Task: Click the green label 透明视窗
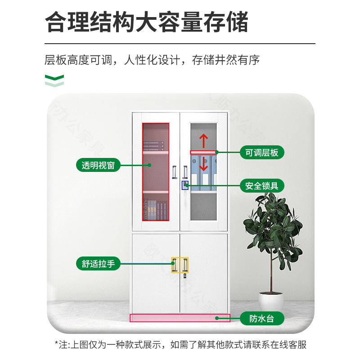pyautogui.click(x=98, y=165)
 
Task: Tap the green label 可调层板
pyautogui.click(x=261, y=152)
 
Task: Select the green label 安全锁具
pyautogui.click(x=261, y=185)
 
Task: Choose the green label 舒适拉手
pyautogui.click(x=98, y=264)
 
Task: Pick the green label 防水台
pyautogui.click(x=261, y=319)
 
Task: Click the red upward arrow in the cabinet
pyautogui.click(x=203, y=141)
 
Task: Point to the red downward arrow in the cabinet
pyautogui.click(x=203, y=163)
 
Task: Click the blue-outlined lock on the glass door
pyautogui.click(x=185, y=185)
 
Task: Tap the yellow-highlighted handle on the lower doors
pyautogui.click(x=180, y=264)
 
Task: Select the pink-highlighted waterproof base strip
pyautogui.click(x=180, y=318)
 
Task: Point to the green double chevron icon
pyautogui.click(x=54, y=81)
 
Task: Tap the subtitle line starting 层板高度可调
pyautogui.click(x=152, y=59)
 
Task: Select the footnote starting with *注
pyautogui.click(x=180, y=345)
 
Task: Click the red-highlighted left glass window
pyautogui.click(x=156, y=171)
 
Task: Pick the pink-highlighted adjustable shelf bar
pyautogui.click(x=203, y=152)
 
